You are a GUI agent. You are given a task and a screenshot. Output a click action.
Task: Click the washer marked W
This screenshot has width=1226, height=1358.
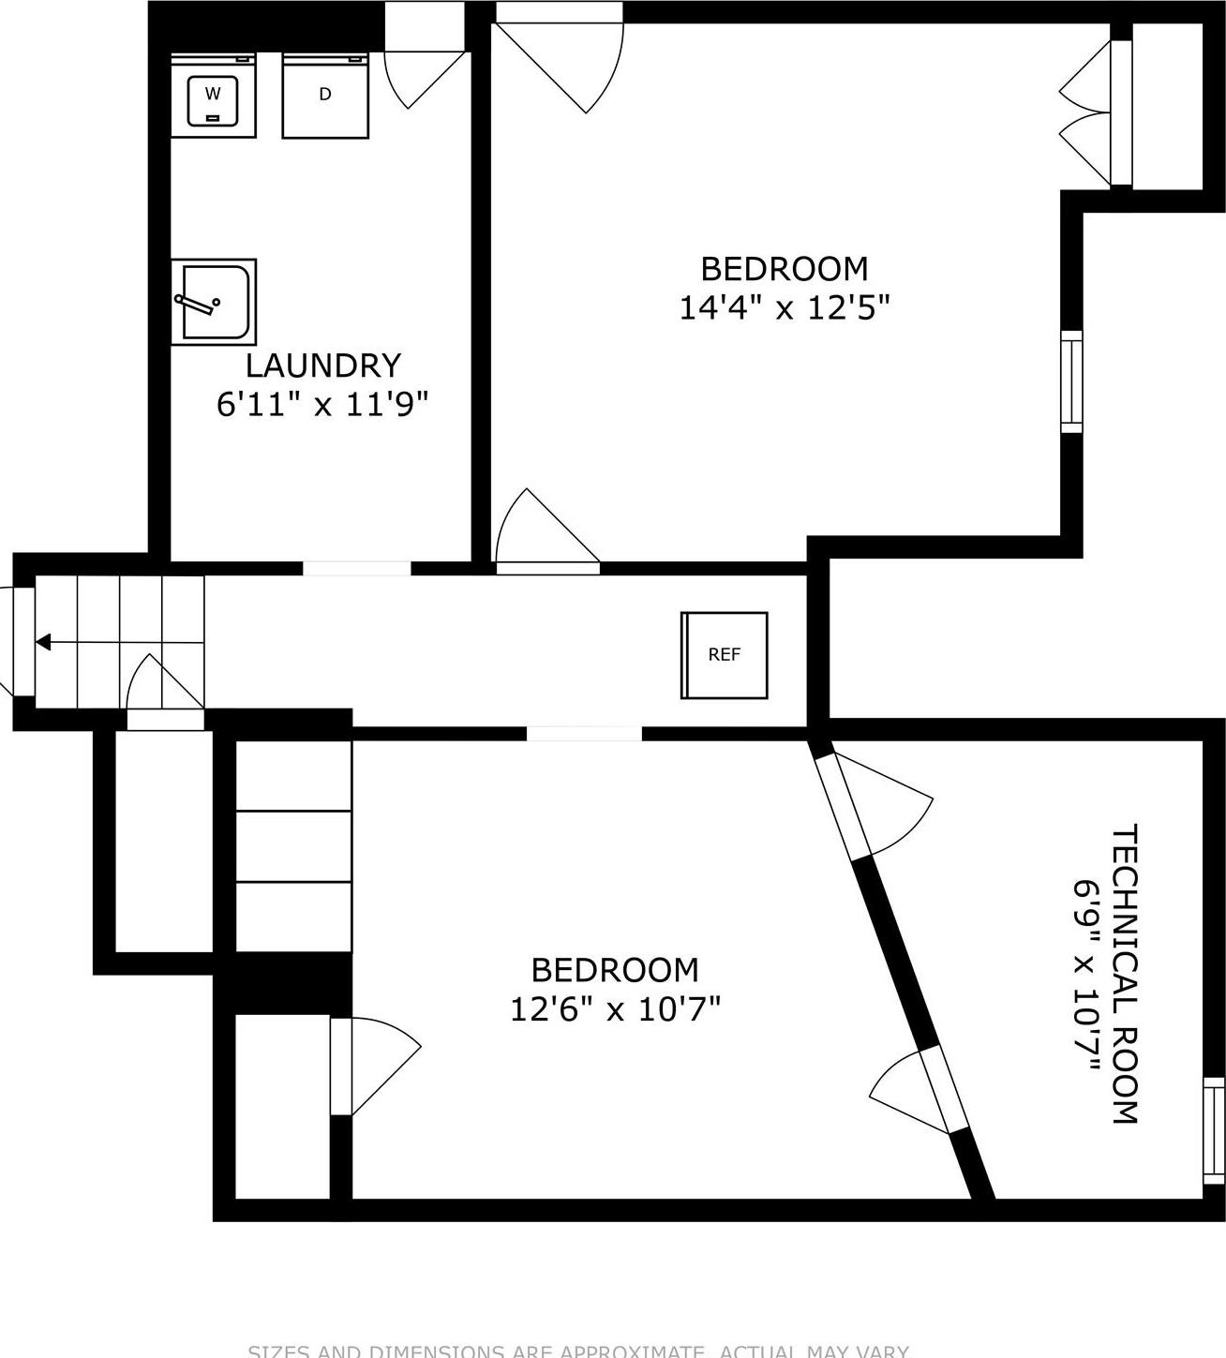(213, 95)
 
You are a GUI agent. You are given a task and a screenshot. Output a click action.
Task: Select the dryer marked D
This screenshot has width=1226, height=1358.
(325, 95)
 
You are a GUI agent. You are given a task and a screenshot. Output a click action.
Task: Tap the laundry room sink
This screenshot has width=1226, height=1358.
(214, 302)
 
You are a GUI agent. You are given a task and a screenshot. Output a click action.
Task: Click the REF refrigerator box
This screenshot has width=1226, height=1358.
(724, 655)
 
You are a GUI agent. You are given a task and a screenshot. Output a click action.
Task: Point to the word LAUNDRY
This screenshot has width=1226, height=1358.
(323, 365)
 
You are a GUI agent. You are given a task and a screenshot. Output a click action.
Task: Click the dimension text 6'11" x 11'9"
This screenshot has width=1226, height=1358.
(322, 405)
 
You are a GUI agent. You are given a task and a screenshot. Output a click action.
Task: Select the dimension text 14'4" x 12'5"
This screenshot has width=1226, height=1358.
(784, 307)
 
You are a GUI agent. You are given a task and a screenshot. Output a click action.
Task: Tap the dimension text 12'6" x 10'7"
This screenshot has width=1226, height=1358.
(615, 1009)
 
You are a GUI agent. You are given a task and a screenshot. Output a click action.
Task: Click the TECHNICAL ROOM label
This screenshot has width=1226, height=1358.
(1124, 974)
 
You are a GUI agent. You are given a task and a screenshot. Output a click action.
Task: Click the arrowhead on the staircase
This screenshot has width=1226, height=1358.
(43, 642)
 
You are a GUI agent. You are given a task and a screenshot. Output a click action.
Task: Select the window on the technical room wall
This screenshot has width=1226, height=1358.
(1213, 1130)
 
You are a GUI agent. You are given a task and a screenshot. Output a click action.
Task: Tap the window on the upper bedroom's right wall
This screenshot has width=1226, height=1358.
(1071, 381)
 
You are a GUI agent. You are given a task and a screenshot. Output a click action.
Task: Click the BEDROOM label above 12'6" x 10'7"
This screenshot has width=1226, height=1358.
(615, 969)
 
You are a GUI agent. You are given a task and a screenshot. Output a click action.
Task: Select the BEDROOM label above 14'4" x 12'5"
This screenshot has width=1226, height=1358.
(785, 269)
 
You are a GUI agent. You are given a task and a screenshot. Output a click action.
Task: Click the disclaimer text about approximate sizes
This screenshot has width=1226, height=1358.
(578, 1351)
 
